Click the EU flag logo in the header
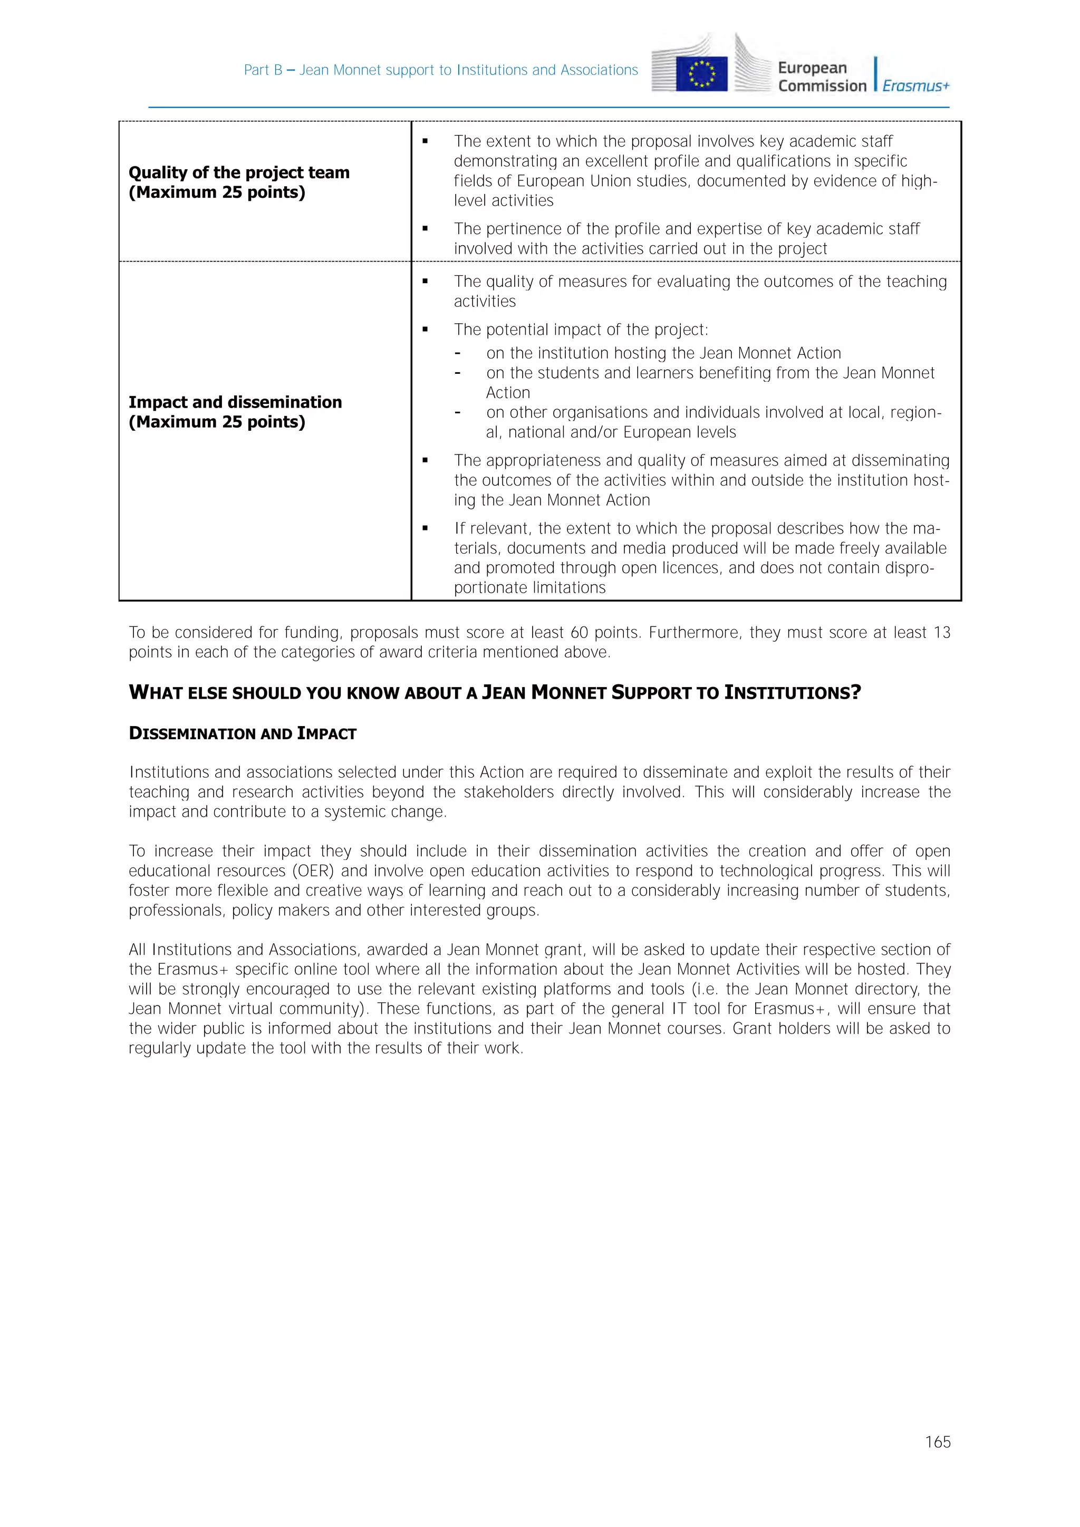(x=701, y=73)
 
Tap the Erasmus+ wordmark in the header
(x=916, y=86)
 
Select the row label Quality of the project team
(x=239, y=173)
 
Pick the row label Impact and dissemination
(x=235, y=402)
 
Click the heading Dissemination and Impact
(x=243, y=733)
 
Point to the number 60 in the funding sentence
(x=579, y=633)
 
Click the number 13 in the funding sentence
(x=942, y=633)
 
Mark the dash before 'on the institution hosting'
(x=458, y=353)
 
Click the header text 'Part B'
(x=263, y=70)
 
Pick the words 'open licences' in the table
(x=672, y=568)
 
